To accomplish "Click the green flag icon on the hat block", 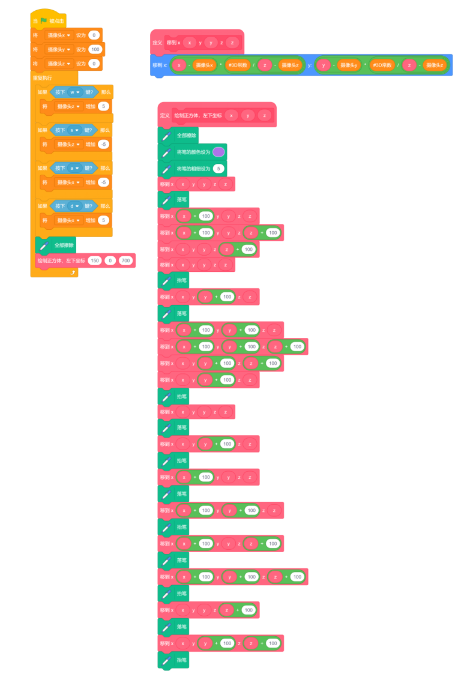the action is [x=44, y=21].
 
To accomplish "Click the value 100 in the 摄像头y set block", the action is [x=95, y=49].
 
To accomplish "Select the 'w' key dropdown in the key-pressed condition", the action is [x=74, y=92].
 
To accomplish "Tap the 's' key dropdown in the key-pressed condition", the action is [x=74, y=130].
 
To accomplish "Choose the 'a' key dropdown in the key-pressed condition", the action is [x=74, y=167].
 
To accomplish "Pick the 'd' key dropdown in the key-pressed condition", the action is [x=74, y=206].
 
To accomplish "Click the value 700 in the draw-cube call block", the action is [x=125, y=260].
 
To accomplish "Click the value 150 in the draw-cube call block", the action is [x=95, y=260].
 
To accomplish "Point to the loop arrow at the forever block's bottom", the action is [x=73, y=272].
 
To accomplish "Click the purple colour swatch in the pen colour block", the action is [x=218, y=152].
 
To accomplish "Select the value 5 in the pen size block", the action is [x=218, y=169].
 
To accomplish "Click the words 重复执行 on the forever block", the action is [x=43, y=78].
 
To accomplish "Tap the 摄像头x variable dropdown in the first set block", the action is [x=59, y=35].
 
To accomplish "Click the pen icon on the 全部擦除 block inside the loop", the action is [x=43, y=245].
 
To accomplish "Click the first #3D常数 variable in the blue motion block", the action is [x=238, y=65].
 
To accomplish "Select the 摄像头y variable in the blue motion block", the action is [x=349, y=65].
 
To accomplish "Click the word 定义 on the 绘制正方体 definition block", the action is [x=164, y=115].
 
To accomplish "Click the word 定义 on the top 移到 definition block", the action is [x=157, y=43].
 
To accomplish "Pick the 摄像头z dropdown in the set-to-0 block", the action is [x=59, y=64].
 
